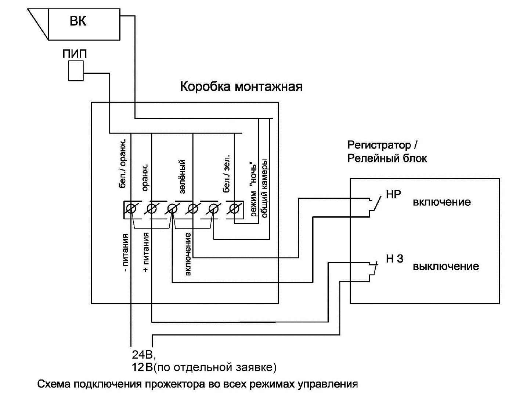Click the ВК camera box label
[78, 21]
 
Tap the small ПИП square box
[76, 70]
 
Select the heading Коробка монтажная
[241, 87]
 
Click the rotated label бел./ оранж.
[123, 163]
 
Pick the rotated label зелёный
[183, 176]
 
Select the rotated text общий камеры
[264, 188]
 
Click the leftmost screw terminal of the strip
[130, 209]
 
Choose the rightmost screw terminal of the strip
[234, 209]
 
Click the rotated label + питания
[146, 252]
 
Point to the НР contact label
[393, 194]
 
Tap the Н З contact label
[394, 258]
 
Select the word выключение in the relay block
[446, 266]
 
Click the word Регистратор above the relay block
[379, 145]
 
